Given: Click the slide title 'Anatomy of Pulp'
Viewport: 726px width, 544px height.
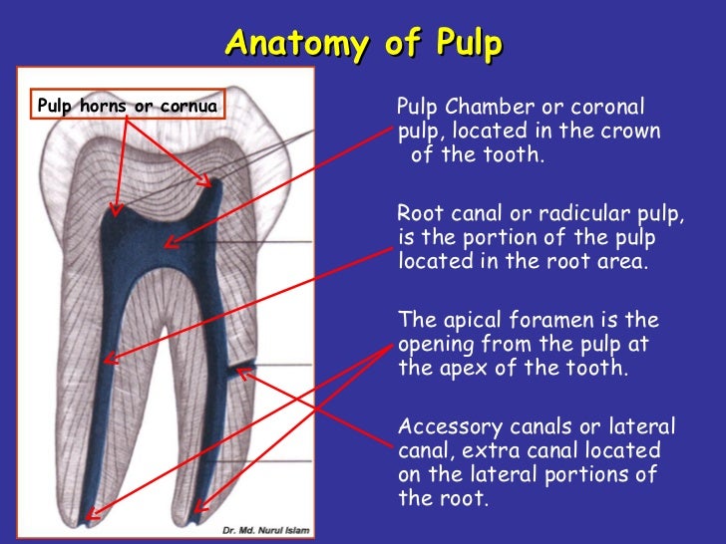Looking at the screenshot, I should point(363,44).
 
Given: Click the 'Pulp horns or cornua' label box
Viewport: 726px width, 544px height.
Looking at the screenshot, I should point(127,104).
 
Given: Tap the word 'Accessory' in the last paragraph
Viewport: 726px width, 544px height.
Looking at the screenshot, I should point(444,427).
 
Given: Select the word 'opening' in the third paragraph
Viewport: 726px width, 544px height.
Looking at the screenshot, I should point(434,345).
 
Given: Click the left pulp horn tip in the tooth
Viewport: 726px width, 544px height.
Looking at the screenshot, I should point(115,210).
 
